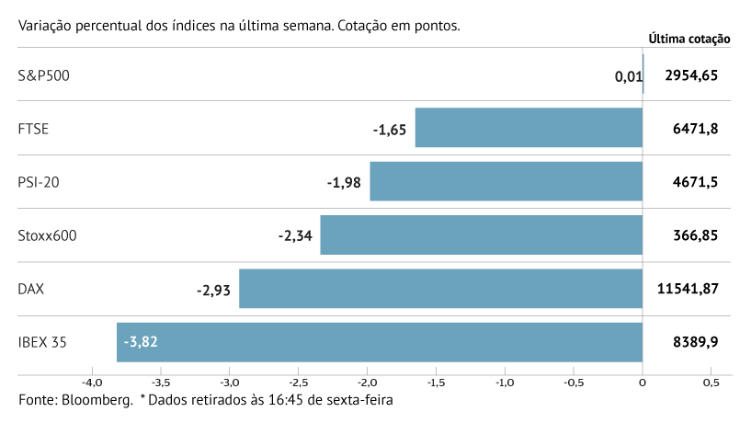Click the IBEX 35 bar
click(x=379, y=342)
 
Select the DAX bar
click(x=440, y=289)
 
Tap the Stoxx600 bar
click(x=481, y=235)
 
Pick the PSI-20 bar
click(x=506, y=181)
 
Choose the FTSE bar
click(x=529, y=128)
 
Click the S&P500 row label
click(x=43, y=75)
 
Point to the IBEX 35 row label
click(x=42, y=342)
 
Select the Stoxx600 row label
click(x=47, y=235)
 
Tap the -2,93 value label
click(x=212, y=290)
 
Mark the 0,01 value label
click(x=628, y=76)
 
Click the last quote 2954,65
click(x=688, y=75)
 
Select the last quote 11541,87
click(x=688, y=289)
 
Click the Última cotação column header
click(x=688, y=39)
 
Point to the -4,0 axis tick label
click(x=91, y=382)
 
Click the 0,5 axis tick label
click(x=711, y=382)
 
